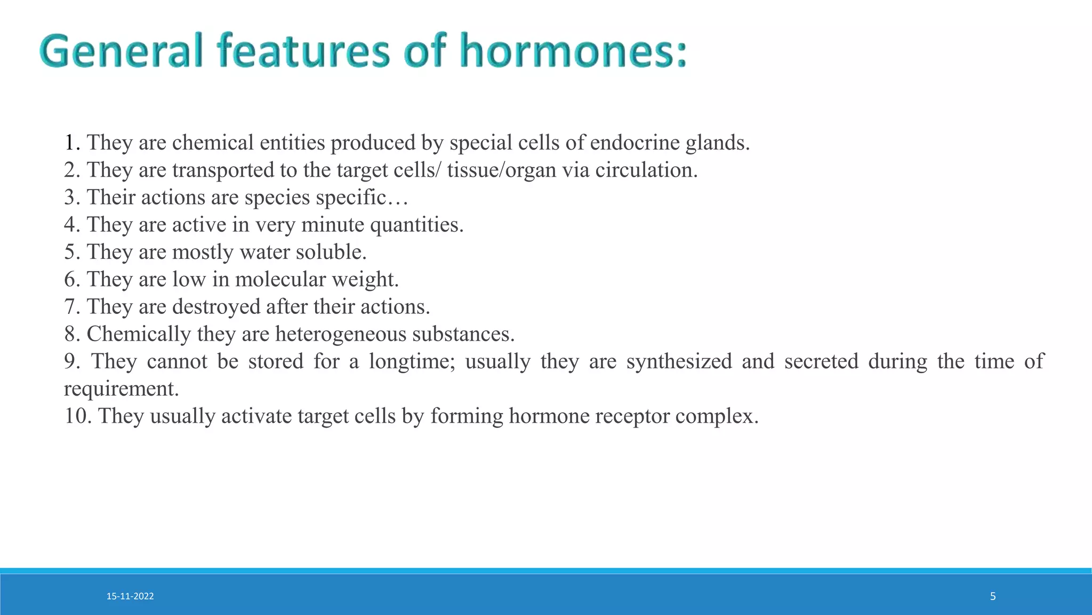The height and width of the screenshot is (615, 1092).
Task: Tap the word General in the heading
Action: (122, 51)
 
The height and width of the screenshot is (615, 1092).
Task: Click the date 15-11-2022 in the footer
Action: (130, 596)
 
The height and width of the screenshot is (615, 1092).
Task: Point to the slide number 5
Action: (993, 596)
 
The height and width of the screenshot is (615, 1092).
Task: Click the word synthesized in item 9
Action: (679, 361)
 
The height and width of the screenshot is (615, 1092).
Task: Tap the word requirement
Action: (121, 389)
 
